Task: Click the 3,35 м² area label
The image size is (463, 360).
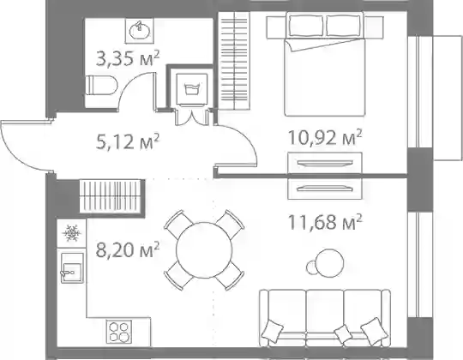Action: point(128,58)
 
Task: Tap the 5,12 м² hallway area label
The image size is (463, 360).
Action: point(128,141)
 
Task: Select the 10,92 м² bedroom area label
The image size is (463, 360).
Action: point(325,136)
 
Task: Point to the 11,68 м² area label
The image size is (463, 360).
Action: point(325,222)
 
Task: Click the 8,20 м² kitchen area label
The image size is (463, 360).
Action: point(128,249)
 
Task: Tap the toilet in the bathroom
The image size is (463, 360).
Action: point(101,85)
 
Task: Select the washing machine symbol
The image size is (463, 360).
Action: point(192,89)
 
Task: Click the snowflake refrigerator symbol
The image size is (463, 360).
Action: point(71,233)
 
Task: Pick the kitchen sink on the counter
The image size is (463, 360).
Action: point(72,268)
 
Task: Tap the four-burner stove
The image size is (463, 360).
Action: point(119,332)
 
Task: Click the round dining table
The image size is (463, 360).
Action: point(204,250)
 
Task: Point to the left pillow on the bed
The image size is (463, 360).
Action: point(306,25)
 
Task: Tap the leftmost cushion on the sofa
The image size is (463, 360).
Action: point(273,331)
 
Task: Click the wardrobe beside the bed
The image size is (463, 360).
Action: point(234,61)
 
